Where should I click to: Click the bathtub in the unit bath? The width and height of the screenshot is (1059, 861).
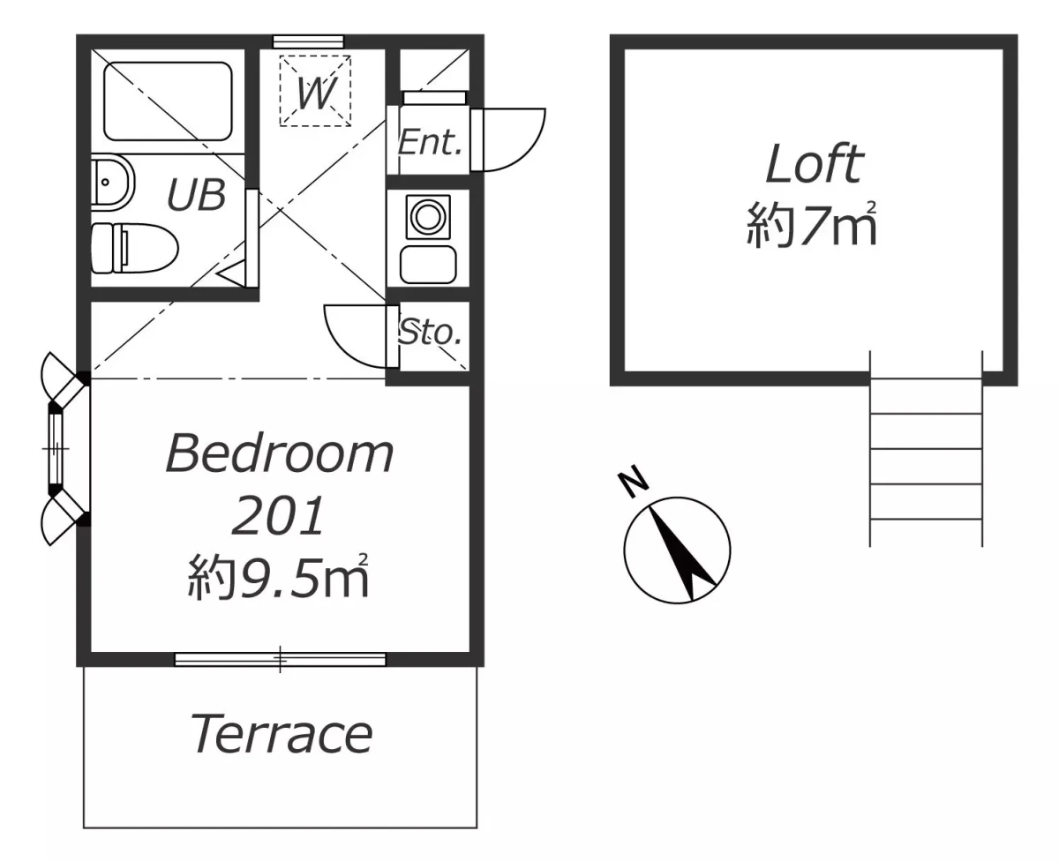click(168, 101)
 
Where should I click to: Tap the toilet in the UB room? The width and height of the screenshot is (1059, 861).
click(134, 248)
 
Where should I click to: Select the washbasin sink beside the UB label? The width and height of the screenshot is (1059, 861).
click(113, 183)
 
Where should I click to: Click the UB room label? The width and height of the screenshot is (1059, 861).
click(197, 194)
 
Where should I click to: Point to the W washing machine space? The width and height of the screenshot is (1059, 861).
click(315, 90)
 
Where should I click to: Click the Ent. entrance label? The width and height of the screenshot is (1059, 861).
click(430, 143)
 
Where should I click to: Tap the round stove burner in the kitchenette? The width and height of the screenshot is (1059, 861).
click(428, 217)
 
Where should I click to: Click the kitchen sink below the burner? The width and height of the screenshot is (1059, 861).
click(428, 265)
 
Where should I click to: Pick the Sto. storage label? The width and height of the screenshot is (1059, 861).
click(431, 332)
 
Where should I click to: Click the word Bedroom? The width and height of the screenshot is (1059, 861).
click(280, 453)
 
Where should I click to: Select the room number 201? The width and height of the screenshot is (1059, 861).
click(278, 516)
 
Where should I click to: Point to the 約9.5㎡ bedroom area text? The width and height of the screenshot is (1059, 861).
click(278, 576)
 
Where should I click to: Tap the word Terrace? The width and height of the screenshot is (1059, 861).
click(281, 734)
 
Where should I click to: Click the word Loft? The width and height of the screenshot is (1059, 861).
click(815, 163)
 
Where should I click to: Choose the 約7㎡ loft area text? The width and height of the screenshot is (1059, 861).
click(811, 225)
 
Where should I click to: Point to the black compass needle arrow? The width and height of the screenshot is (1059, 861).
click(683, 553)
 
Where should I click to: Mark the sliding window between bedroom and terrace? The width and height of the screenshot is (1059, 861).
click(280, 659)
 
